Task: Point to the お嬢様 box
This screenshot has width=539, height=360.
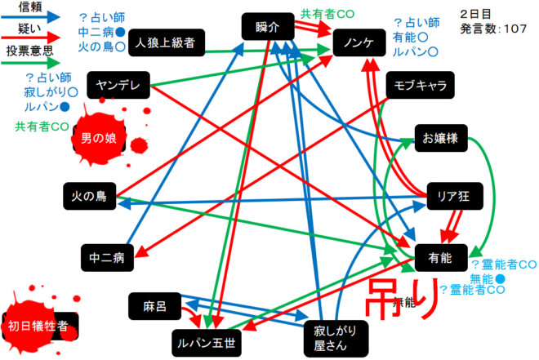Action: [x=440, y=140]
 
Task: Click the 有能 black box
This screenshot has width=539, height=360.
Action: [x=440, y=258]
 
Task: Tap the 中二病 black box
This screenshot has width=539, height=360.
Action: [x=107, y=258]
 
